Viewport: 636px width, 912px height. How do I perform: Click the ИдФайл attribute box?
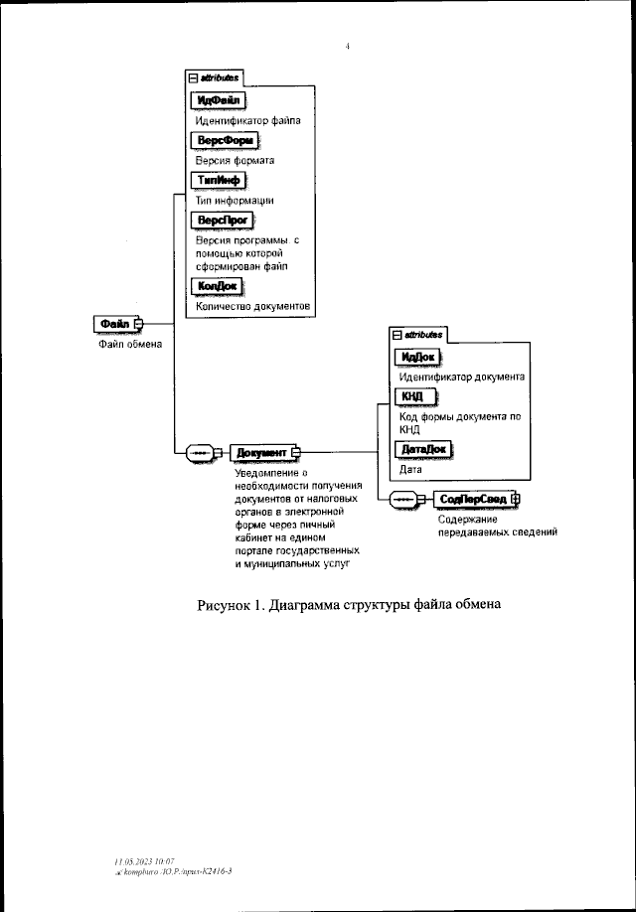216,100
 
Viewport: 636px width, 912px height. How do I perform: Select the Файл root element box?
116,323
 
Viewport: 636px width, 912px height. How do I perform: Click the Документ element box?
260,453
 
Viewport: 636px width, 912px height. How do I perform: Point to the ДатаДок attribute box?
422,449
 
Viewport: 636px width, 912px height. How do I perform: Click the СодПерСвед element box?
473,499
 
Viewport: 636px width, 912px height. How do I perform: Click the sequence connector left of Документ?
199,453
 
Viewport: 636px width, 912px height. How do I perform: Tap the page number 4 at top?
347,45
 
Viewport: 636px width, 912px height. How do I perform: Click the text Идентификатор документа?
461,378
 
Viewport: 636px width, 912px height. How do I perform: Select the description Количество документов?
253,307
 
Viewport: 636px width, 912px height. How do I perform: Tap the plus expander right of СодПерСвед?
516,499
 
